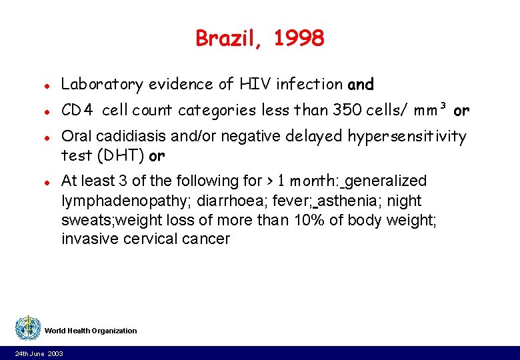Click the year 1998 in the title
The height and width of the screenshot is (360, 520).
click(x=299, y=38)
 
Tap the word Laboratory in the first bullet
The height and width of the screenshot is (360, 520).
click(x=102, y=85)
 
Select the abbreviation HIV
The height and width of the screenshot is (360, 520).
click(x=254, y=84)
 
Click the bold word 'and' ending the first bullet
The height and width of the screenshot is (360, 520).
click(x=361, y=85)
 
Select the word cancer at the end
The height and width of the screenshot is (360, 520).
click(x=209, y=239)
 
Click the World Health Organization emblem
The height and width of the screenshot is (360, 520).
click(x=27, y=327)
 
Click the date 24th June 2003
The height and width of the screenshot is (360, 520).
click(x=39, y=353)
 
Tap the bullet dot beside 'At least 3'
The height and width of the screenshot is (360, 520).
click(x=40, y=181)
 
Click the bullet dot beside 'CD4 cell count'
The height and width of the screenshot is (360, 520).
click(x=40, y=110)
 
